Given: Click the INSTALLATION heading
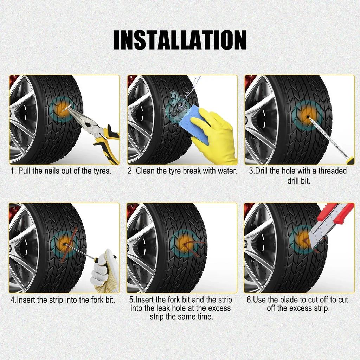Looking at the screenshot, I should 180,40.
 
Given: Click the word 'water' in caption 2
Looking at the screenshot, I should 227,171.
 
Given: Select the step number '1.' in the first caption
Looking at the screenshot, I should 13,171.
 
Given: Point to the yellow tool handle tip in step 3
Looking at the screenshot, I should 350,161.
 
